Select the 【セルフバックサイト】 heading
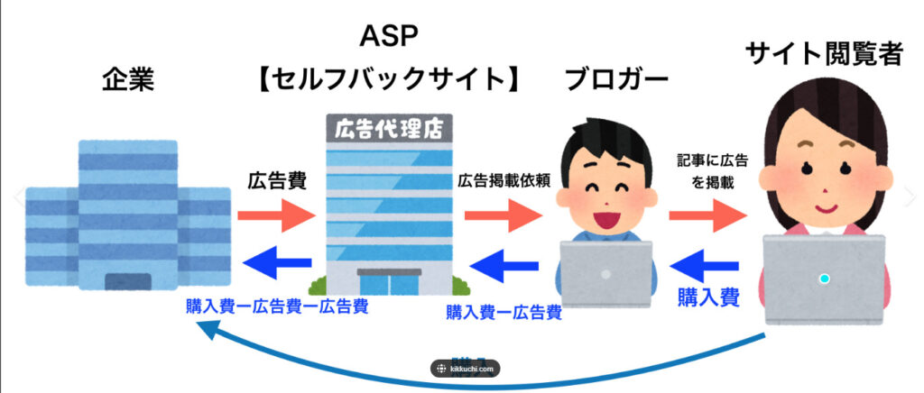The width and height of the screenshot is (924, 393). [391, 80]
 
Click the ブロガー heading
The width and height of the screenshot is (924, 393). [616, 80]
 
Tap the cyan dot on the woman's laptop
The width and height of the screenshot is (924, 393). [824, 279]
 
